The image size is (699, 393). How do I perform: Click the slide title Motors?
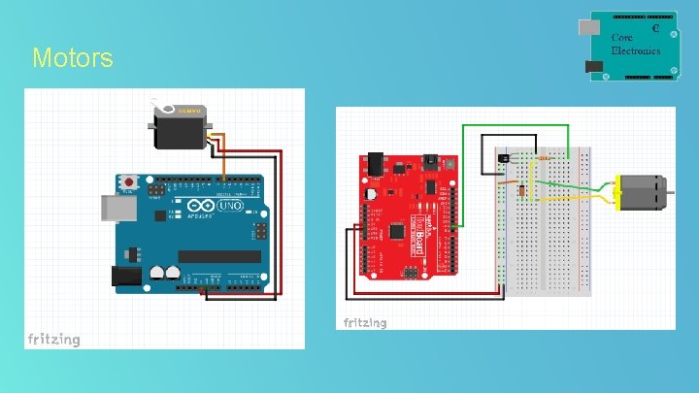[x=72, y=58]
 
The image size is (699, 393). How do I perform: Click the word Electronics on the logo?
[x=636, y=49]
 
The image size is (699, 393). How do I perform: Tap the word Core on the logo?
[x=622, y=38]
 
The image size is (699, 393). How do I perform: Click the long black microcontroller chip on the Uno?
[x=218, y=256]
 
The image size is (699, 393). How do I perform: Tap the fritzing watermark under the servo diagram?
[x=53, y=339]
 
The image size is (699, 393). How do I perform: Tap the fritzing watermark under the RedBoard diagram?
[x=364, y=322]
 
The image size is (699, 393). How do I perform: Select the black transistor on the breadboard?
[x=502, y=156]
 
